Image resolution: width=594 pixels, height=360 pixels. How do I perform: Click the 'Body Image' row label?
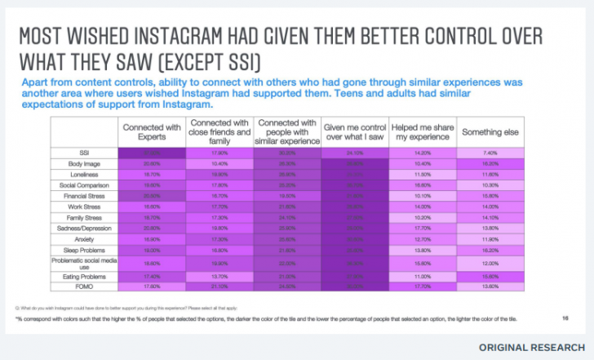click(85, 164)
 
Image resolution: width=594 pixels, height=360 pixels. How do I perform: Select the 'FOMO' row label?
click(85, 287)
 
